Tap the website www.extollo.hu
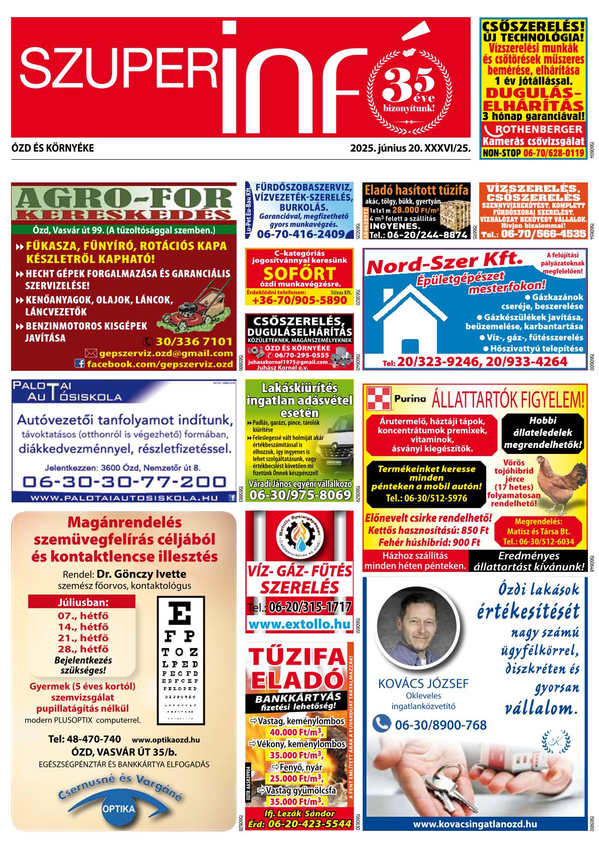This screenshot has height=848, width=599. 299,624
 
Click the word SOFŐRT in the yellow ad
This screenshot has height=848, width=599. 299,274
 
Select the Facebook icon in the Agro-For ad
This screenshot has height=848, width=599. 80,363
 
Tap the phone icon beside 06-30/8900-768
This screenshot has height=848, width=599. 382,724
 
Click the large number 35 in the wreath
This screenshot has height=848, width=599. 408,83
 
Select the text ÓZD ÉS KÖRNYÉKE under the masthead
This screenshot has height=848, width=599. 52,149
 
